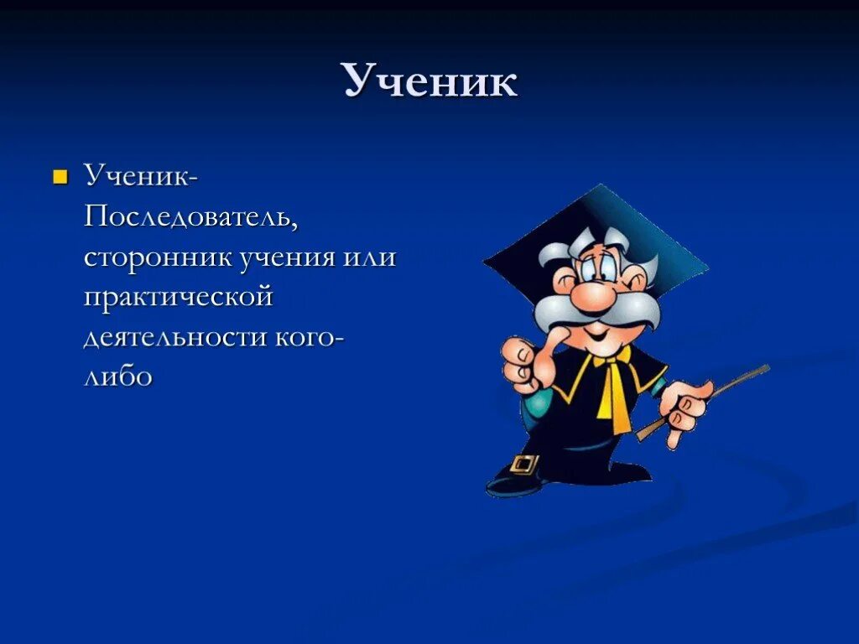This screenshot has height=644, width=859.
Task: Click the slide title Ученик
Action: pos(429,82)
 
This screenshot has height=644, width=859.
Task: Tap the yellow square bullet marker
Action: pos(60,177)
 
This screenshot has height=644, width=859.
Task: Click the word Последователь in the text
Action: pos(190,217)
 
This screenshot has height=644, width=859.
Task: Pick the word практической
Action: pos(178,297)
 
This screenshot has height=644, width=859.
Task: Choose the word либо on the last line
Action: pos(117,377)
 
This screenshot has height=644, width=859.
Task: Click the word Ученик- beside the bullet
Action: pos(141,177)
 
